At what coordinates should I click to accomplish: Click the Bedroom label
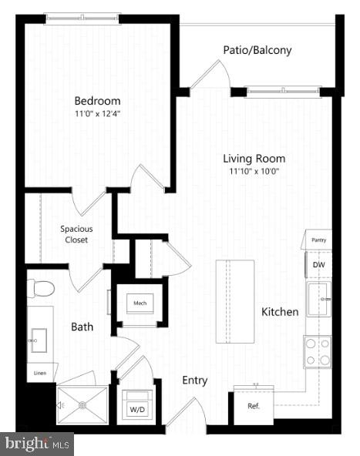(x=97, y=100)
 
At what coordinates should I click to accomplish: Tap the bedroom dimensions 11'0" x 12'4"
(x=97, y=116)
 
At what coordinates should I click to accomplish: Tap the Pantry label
(x=318, y=240)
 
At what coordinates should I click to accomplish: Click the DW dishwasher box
(x=318, y=265)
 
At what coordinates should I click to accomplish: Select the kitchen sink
(x=318, y=298)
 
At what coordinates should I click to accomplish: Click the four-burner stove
(x=318, y=351)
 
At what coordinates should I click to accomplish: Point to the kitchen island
(x=235, y=301)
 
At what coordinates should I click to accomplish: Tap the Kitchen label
(x=280, y=312)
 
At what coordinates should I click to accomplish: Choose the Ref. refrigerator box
(x=253, y=406)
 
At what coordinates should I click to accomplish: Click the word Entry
(x=194, y=381)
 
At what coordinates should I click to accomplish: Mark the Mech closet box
(x=140, y=303)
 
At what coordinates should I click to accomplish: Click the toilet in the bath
(x=42, y=289)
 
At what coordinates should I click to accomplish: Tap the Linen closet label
(x=41, y=374)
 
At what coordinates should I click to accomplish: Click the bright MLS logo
(x=37, y=444)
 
